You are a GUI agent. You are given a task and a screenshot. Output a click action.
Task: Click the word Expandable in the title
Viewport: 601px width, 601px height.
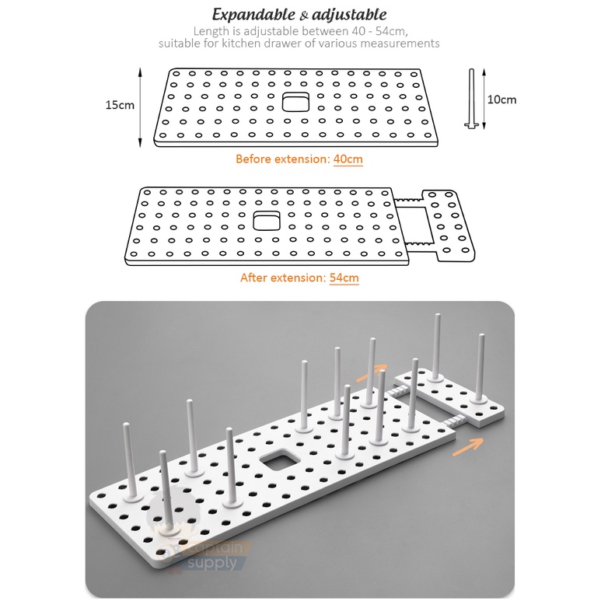(253, 15)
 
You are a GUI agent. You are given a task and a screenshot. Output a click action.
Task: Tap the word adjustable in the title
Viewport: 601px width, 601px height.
(349, 15)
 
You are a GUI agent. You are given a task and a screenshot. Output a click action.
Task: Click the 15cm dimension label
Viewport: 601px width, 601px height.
(120, 105)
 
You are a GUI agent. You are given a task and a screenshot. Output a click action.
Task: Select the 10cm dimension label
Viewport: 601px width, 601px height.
(501, 100)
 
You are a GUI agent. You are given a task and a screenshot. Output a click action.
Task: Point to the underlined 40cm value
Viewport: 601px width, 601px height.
(348, 159)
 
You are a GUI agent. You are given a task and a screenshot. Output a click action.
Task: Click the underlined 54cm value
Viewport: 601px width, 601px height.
(344, 278)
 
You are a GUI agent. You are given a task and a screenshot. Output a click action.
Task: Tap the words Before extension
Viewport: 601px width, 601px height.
(282, 159)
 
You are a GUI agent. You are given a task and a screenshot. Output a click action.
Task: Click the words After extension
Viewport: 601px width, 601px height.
(283, 278)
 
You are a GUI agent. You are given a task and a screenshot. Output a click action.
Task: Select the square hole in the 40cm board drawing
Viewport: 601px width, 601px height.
(295, 102)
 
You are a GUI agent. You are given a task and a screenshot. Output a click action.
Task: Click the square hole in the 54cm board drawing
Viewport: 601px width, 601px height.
(267, 220)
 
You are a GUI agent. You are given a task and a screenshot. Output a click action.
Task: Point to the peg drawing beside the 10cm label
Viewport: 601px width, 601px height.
(471, 99)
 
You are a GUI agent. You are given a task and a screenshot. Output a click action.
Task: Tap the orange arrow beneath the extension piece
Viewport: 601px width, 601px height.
(467, 447)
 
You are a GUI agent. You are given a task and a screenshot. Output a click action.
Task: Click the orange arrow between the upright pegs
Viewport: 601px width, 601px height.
(371, 373)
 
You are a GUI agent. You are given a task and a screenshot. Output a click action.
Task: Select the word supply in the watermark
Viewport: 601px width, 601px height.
(212, 564)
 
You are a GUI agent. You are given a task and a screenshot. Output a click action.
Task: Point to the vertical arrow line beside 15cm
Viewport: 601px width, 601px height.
(140, 107)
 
